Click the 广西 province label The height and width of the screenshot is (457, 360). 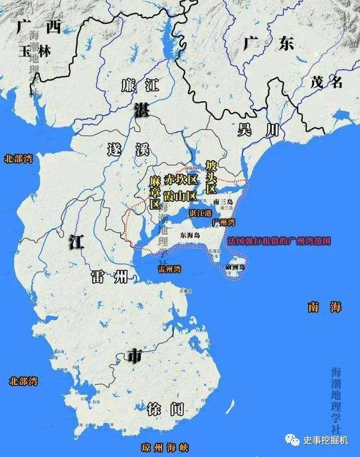coord(38,26)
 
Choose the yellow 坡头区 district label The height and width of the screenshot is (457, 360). coord(211,176)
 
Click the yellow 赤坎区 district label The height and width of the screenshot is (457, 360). coord(180,180)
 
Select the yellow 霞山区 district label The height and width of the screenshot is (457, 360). coord(180,196)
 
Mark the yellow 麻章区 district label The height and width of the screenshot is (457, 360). coord(155,193)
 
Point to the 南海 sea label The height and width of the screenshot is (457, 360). coord(325,307)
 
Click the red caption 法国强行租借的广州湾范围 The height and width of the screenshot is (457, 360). coord(279,240)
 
